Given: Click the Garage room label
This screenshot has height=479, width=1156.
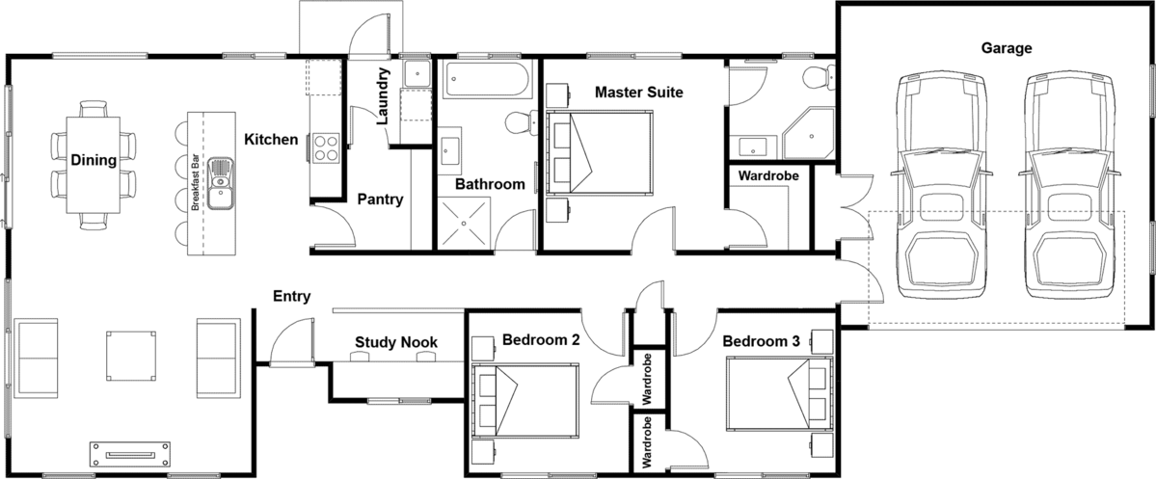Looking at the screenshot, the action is (1006, 48).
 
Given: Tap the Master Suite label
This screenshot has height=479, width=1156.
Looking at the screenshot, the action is (638, 93).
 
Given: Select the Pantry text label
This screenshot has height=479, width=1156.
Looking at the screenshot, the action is (381, 199).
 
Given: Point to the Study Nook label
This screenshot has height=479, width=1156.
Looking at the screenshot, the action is (396, 342).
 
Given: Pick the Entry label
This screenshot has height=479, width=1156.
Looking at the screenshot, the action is (292, 297).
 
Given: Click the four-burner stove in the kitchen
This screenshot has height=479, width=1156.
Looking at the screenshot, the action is (325, 147).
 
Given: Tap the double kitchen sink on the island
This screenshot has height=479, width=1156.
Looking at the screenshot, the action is (221, 183).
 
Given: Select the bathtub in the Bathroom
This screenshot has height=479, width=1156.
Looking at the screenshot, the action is (487, 80).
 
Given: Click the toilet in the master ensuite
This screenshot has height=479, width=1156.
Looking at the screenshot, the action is (819, 76).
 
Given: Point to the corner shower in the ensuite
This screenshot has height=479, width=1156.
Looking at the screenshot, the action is (809, 133).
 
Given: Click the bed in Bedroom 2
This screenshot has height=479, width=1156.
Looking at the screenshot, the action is (524, 400).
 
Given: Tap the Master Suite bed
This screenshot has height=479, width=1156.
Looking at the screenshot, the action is (600, 154).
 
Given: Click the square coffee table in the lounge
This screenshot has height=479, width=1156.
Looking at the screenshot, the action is (131, 356).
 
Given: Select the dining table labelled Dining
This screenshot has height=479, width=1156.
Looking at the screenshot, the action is (93, 165).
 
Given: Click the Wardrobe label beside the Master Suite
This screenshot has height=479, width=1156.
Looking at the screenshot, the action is (769, 177).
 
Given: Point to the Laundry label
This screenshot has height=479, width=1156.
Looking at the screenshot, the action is (384, 96).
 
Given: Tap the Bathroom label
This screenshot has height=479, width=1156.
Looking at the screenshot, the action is (490, 184).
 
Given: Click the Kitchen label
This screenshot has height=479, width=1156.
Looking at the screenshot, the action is (271, 140).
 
